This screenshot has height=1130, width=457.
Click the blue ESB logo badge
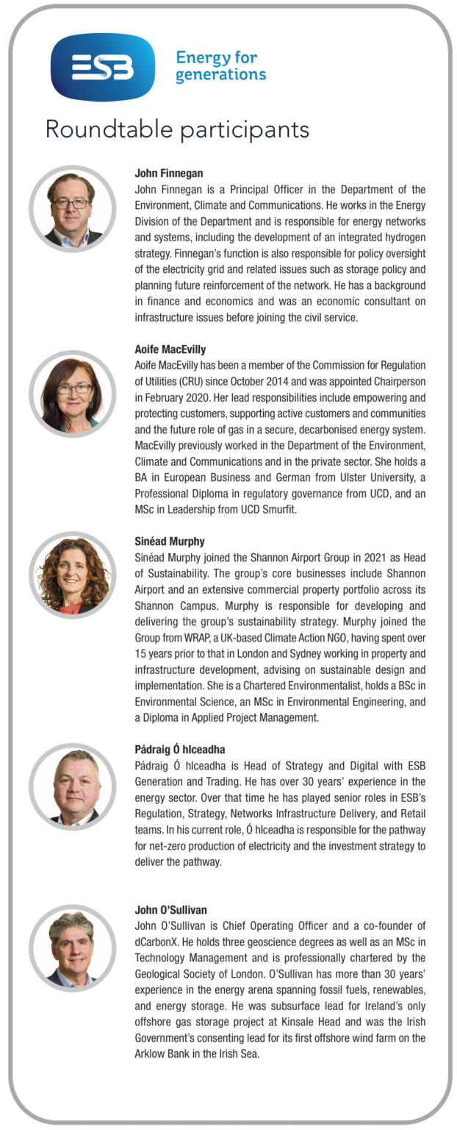[102, 67]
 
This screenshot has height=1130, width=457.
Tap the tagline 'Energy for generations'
[220, 66]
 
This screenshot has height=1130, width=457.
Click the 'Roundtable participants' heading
[177, 129]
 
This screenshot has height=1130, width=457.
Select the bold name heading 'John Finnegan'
[169, 174]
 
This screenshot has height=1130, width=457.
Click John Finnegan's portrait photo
[73, 209]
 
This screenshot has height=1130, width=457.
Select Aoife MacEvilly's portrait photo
[73, 394]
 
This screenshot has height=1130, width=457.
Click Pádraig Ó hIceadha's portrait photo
[73, 787]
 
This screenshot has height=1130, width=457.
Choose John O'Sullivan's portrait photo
[73, 948]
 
